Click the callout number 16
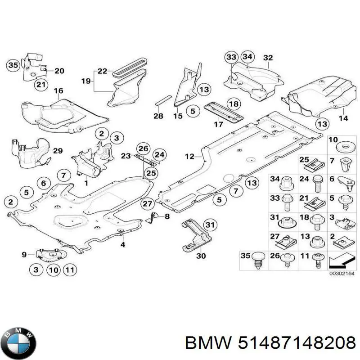59,91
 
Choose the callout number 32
268,58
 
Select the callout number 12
189,157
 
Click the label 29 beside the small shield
58,150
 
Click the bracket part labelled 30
193,234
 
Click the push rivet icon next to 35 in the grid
258,260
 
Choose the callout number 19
86,81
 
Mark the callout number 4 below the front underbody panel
122,245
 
